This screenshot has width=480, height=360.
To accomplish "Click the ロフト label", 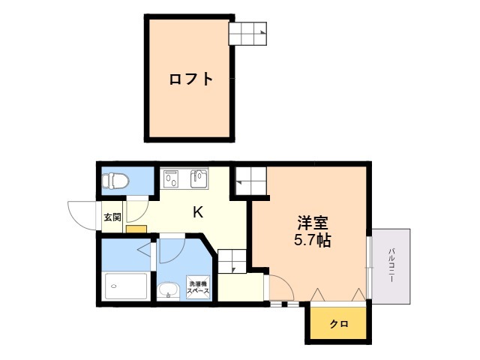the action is point(191,79).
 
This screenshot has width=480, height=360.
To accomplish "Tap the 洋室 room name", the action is point(313,223).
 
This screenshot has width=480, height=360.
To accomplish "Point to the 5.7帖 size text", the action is point(313,240).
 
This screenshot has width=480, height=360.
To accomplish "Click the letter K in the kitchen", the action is point(198,211).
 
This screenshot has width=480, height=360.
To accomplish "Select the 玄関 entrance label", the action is point(112,217).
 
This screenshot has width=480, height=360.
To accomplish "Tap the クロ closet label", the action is point(339,323).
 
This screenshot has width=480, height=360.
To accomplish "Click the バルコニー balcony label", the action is point(391,265).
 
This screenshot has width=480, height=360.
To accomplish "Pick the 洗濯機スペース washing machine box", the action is point(198,287).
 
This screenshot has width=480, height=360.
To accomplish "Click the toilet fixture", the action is point(115,181).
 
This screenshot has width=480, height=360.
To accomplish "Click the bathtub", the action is point(126,286).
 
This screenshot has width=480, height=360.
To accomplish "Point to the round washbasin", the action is point(169,290).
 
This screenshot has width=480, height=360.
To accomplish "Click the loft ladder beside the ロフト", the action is point(247,34).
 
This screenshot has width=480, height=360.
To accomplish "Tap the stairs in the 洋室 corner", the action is point(250,181).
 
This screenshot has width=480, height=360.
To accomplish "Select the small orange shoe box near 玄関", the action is point(136,229).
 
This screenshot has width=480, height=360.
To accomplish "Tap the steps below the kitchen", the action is point(232,261).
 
